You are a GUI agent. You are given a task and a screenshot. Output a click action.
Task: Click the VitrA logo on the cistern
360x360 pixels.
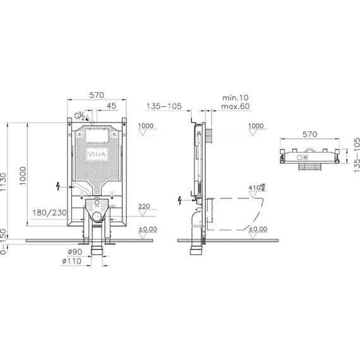96,153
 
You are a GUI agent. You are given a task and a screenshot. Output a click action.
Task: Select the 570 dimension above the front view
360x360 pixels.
96,95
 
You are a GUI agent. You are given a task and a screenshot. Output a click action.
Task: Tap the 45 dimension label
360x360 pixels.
111,105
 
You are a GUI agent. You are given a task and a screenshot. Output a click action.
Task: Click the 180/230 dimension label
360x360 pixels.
49,213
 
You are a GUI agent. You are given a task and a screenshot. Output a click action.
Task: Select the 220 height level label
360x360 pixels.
144,205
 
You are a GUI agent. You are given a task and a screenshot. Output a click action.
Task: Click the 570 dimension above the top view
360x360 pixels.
309,134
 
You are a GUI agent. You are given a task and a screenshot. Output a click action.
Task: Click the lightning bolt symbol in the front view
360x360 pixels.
59,186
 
